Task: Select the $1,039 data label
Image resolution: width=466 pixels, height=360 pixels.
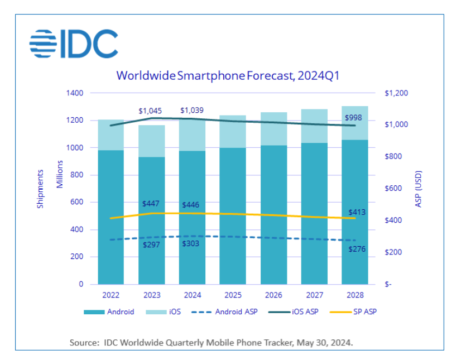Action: coord(192,111)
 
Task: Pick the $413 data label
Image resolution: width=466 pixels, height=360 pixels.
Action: coord(357,213)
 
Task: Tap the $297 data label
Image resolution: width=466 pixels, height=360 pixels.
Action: coord(151,244)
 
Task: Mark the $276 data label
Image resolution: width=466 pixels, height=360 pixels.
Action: coord(357,249)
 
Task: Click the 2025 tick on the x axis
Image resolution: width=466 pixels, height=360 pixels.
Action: coord(233,294)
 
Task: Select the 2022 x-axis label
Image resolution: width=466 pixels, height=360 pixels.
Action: coord(111,294)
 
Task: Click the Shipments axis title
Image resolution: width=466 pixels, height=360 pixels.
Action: coord(40,189)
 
